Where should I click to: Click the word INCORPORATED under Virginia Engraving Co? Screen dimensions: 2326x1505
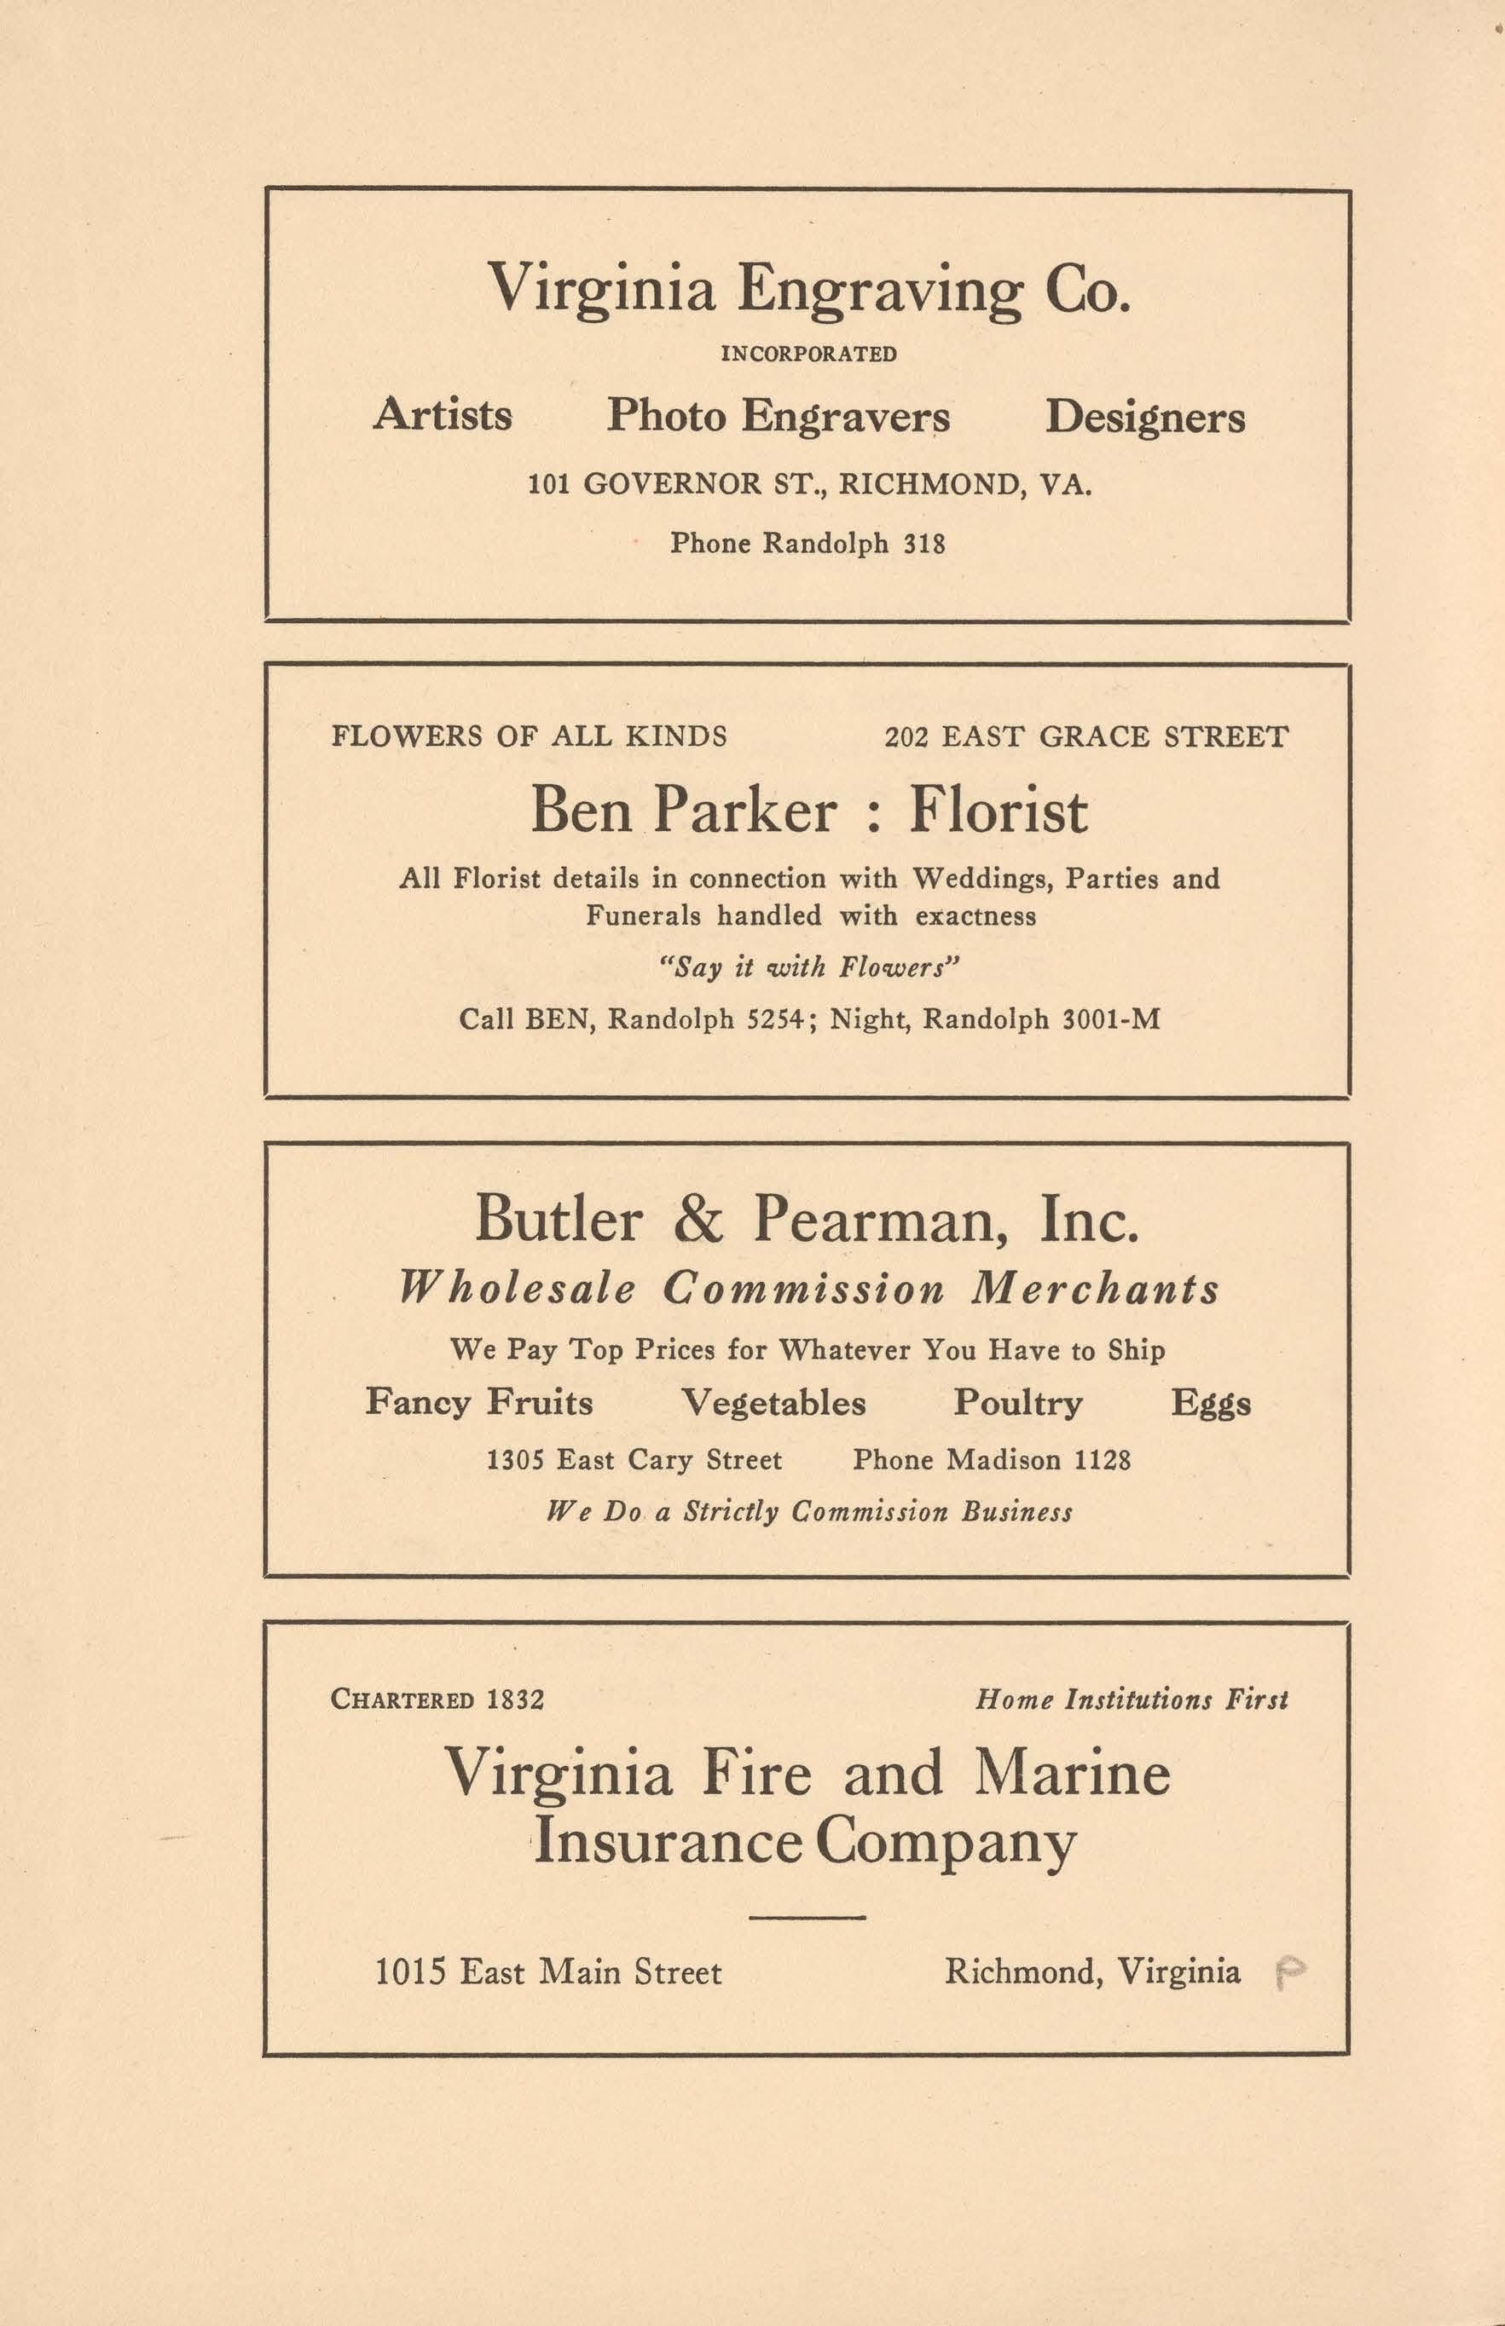point(808,354)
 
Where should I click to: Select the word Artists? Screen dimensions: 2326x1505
point(443,414)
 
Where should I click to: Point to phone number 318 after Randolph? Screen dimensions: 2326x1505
point(923,543)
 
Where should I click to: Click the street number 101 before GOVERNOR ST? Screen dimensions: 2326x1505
point(548,483)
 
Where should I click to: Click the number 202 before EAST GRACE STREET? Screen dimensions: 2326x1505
point(906,736)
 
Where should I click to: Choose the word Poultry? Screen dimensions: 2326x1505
point(1017,1403)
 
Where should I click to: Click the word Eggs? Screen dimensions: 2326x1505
point(1211,1404)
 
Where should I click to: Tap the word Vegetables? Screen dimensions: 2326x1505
point(773,1403)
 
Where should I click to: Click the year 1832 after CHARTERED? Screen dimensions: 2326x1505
point(515,1699)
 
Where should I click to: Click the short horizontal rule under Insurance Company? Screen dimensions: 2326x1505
point(807,1916)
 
